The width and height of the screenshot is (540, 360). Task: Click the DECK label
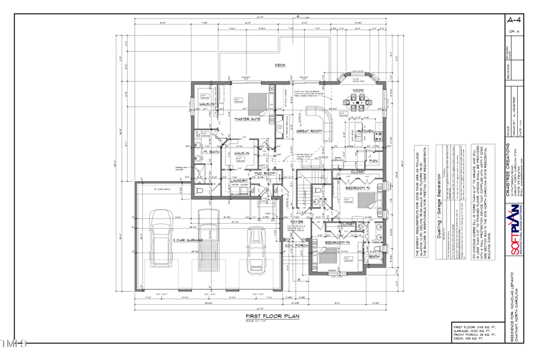click(x=280, y=65)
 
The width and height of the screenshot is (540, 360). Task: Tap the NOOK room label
click(x=358, y=90)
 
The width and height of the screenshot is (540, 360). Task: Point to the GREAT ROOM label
click(x=309, y=130)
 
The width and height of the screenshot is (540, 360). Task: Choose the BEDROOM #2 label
click(x=358, y=188)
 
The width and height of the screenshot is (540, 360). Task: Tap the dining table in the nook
click(x=358, y=103)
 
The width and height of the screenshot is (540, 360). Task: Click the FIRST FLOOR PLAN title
click(x=272, y=316)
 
